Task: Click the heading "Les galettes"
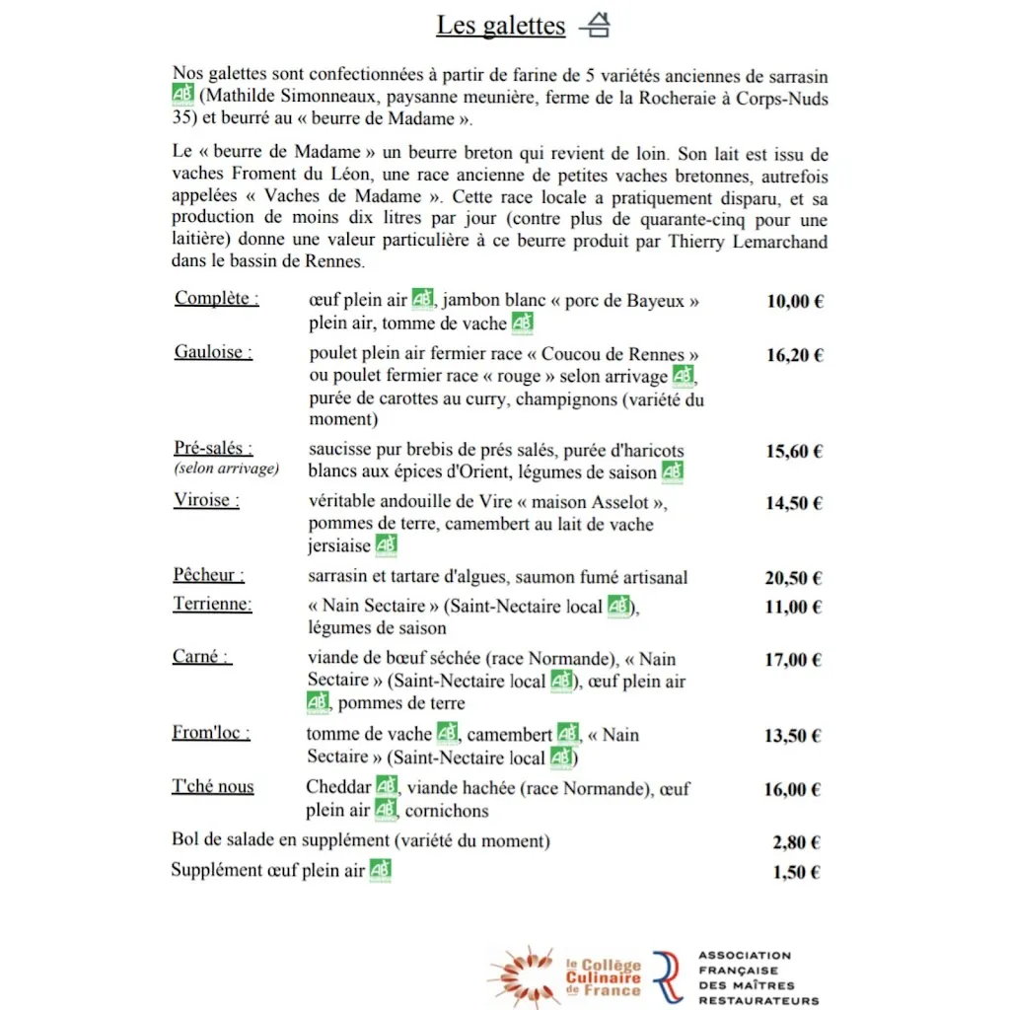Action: (500, 26)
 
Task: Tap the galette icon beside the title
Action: (594, 27)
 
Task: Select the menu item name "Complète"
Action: (216, 299)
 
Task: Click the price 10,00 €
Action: (794, 302)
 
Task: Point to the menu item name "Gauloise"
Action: (213, 352)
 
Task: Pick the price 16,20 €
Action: (794, 355)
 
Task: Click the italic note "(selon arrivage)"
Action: (227, 469)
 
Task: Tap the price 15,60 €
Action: (794, 452)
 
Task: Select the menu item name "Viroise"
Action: (207, 500)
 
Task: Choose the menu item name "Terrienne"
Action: (212, 605)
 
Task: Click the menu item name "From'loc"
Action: (211, 733)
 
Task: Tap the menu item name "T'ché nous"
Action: (213, 786)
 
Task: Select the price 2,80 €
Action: (797, 842)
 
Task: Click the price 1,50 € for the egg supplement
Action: (797, 872)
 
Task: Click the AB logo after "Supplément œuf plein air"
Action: (381, 870)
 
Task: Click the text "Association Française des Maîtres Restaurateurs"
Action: (757, 977)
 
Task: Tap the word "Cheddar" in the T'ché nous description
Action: (338, 788)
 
